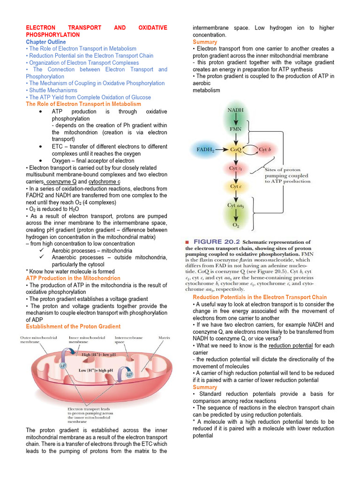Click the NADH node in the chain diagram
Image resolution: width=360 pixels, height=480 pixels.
pos(235,111)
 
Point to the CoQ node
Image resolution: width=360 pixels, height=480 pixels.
pos(235,150)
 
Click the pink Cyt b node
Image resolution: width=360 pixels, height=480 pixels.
pos(266,150)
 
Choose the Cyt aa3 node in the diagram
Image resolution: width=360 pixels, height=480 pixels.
pos(236,205)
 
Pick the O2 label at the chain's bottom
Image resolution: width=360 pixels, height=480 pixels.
pos(236,225)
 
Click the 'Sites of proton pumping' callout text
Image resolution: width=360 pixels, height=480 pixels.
pos(286,175)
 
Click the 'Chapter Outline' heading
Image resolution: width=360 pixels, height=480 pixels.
pos(46,42)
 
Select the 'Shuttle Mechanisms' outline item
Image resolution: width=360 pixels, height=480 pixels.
pos(53,90)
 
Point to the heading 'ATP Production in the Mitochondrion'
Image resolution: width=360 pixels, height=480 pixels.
pos(73,278)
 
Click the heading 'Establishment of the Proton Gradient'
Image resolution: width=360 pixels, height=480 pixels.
pos(73,326)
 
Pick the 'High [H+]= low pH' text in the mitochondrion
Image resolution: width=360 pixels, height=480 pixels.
pos(99,355)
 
